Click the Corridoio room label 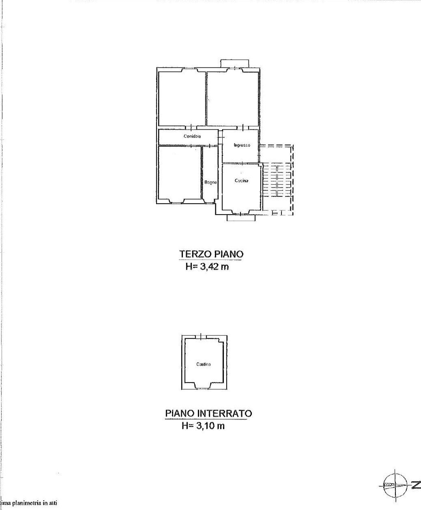pyautogui.click(x=192, y=136)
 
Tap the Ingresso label pyautogui.click(x=242, y=145)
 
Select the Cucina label pyautogui.click(x=241, y=181)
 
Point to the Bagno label pyautogui.click(x=210, y=183)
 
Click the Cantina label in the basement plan pyautogui.click(x=203, y=364)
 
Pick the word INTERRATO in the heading pyautogui.click(x=227, y=413)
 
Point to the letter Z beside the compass pyautogui.click(x=415, y=485)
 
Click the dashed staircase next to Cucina pyautogui.click(x=277, y=180)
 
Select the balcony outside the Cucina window pyautogui.click(x=241, y=217)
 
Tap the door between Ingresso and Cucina pyautogui.click(x=242, y=164)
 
